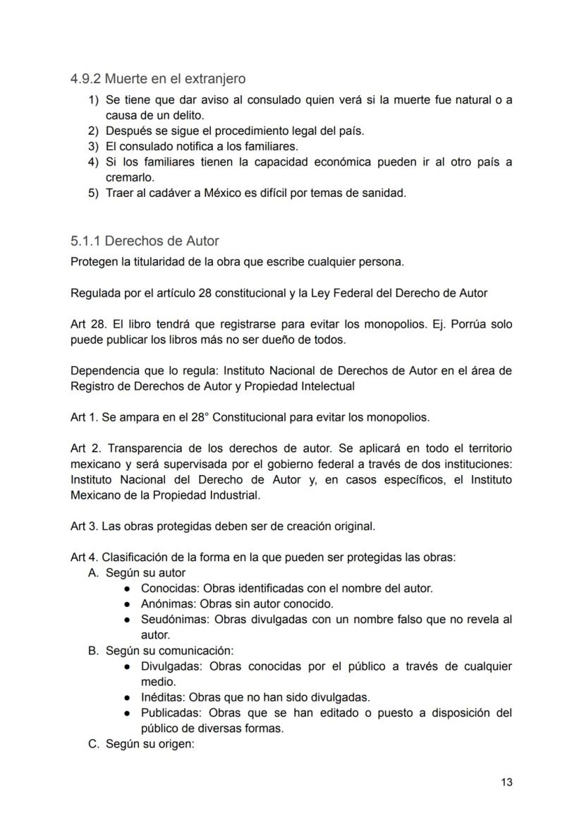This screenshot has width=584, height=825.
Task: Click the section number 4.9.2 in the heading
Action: point(85,79)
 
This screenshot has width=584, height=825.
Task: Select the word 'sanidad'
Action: point(385,193)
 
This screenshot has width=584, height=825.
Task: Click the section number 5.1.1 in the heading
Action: point(85,241)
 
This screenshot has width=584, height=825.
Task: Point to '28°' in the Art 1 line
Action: point(200,417)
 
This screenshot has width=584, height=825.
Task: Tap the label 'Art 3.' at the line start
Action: point(84,526)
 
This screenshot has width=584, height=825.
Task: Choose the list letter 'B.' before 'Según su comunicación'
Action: point(93,650)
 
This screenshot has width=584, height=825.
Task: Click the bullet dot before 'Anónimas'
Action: point(128,604)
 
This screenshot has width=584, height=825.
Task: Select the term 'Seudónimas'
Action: point(174,619)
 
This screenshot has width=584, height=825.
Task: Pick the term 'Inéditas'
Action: point(162,697)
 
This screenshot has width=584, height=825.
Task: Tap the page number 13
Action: point(506,782)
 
